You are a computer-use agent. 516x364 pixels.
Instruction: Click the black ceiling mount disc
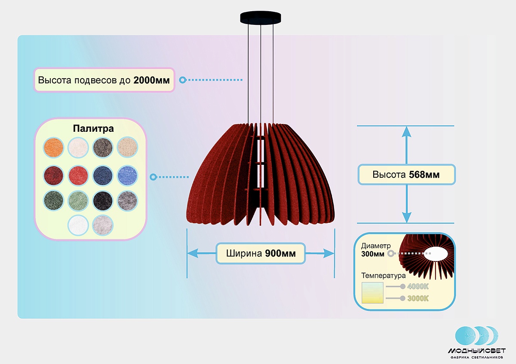[x=261, y=18]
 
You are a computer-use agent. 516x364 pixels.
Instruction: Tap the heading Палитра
[x=93, y=129]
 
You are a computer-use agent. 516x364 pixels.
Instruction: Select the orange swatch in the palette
[x=54, y=148]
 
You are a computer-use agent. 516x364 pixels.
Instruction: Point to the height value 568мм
[x=424, y=175]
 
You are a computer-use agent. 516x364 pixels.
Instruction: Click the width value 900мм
[x=280, y=253]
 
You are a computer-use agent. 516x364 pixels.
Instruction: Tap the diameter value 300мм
[x=373, y=254]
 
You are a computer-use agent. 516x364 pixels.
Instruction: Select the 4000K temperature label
[x=418, y=287]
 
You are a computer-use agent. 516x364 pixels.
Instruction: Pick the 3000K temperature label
[x=418, y=298]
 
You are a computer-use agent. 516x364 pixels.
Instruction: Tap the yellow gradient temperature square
[x=372, y=293]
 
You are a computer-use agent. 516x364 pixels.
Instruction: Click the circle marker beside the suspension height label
[x=182, y=80]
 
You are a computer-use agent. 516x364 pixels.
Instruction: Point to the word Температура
[x=384, y=275]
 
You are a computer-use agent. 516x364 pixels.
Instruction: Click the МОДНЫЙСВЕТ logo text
[x=476, y=351]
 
